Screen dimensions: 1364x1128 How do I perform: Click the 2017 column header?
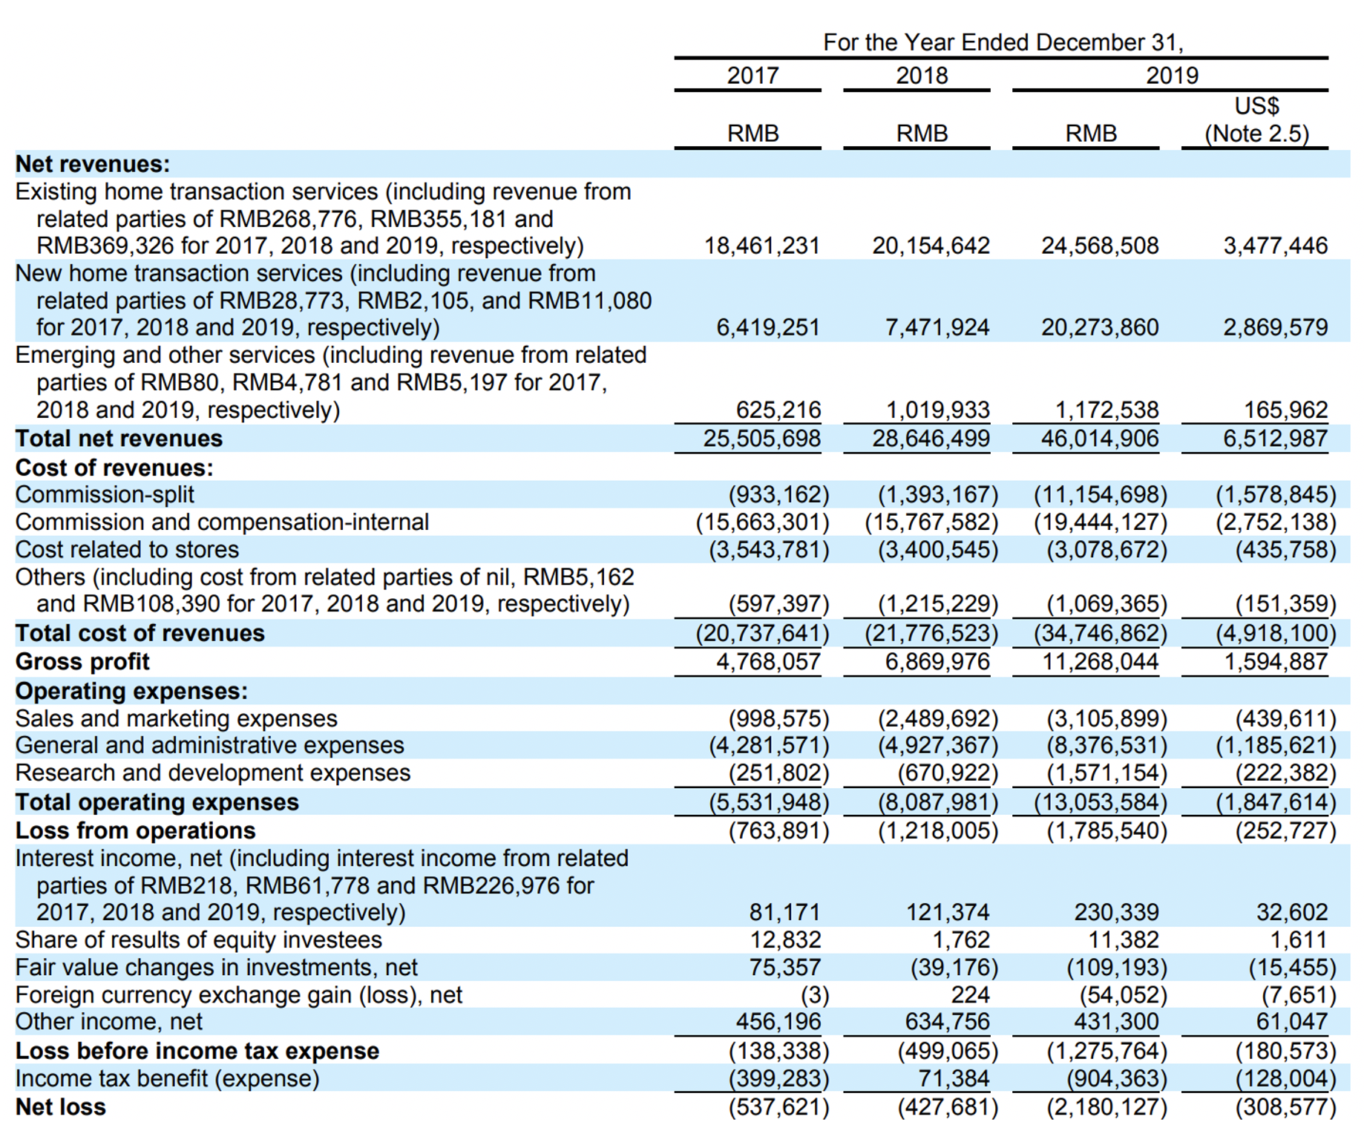(753, 76)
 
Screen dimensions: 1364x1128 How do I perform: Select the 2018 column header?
(922, 76)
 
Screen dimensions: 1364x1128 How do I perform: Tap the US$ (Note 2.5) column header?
(1256, 119)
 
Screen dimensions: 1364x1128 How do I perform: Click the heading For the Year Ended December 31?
(1003, 42)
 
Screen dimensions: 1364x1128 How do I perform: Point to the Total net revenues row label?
(119, 439)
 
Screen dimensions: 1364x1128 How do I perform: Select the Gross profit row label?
(82, 661)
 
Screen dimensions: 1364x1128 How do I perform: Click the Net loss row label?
(61, 1106)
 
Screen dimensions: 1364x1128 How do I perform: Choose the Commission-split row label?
(105, 494)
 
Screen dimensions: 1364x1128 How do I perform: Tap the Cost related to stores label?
(127, 549)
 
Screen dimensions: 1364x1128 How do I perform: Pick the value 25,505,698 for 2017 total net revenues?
(762, 439)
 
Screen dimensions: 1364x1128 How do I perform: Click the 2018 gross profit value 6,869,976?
(937, 661)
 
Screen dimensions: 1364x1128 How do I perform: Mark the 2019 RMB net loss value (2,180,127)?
(1106, 1106)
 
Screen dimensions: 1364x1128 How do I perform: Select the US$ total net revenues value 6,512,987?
(1276, 439)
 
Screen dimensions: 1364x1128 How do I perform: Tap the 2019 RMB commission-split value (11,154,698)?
(1101, 494)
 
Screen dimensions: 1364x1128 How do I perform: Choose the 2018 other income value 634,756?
(948, 1021)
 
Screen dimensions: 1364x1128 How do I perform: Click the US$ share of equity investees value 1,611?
(1298, 940)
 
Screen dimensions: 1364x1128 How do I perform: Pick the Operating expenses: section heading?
(131, 691)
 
